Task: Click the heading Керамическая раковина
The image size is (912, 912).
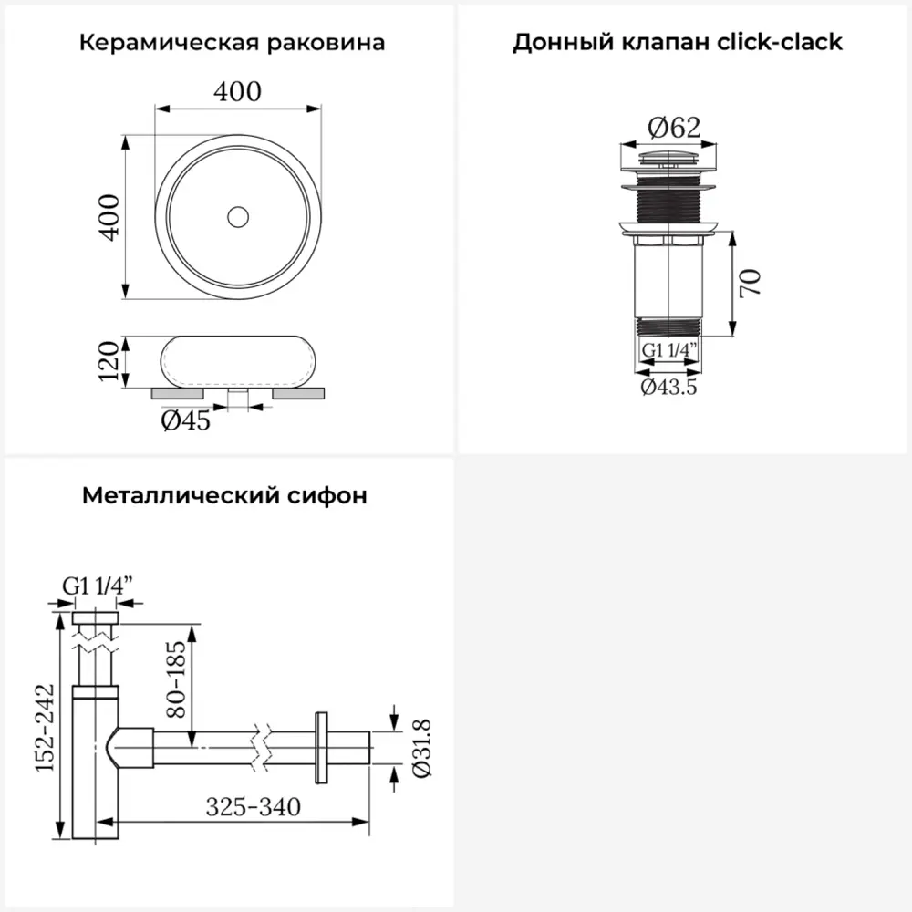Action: point(232,43)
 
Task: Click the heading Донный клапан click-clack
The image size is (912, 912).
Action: point(678,43)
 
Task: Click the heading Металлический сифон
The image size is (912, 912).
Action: point(224,495)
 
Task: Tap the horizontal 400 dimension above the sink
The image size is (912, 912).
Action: point(237,92)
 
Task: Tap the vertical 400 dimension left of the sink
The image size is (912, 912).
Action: point(109,217)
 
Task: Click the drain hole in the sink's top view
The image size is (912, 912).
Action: point(238,217)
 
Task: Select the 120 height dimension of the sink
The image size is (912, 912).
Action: point(109,361)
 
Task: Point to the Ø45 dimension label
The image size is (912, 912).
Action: point(185,420)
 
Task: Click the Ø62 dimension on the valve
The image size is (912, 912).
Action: point(674,128)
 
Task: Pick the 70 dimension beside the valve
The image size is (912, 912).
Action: point(751,284)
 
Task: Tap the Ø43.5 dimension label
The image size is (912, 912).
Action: point(668,387)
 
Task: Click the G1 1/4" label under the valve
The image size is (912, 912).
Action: point(668,350)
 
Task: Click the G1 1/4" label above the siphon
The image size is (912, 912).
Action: point(98,586)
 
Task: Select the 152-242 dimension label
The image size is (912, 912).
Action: point(45,728)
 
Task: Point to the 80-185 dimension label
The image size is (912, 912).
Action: point(176,679)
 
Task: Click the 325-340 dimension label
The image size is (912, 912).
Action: point(253,807)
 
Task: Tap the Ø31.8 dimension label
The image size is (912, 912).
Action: point(421,748)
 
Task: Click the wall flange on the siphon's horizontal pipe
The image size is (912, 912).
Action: point(321,748)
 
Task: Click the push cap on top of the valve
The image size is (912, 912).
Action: point(668,157)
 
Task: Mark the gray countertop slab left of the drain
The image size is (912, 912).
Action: point(178,394)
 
